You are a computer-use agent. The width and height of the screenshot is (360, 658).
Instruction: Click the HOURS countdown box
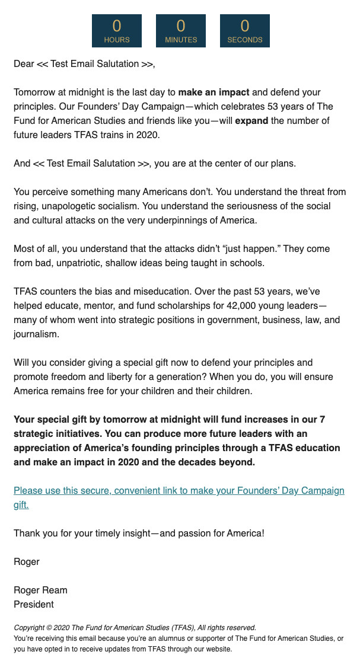117,31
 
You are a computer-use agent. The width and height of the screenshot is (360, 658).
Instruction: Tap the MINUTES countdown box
181,31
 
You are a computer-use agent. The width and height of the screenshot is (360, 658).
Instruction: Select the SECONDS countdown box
245,31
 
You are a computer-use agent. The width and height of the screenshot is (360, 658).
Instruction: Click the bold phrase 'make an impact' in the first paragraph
214,92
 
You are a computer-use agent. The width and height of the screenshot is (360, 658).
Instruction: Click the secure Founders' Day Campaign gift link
179,491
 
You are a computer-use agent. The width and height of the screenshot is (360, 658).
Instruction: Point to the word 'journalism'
36,334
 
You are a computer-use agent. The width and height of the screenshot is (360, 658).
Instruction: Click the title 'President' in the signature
34,605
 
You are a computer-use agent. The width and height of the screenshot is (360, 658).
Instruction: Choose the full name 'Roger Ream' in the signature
40,590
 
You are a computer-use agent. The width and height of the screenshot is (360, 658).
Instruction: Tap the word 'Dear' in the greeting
24,64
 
